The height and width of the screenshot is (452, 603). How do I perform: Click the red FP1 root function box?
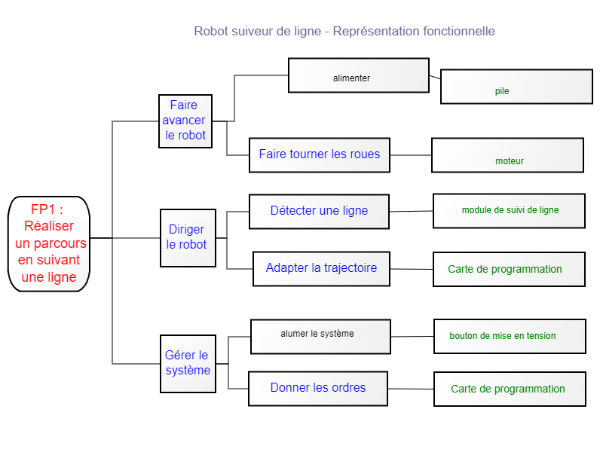[x=49, y=243]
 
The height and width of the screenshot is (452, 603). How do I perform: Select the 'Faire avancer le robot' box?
[x=185, y=121]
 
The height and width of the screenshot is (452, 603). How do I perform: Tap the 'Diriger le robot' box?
[x=188, y=237]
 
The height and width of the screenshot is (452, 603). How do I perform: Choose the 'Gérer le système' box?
[x=188, y=363]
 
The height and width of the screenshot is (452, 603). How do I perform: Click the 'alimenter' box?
[x=359, y=75]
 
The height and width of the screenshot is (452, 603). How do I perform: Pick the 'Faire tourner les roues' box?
[x=320, y=154]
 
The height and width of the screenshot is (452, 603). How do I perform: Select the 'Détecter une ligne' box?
[x=320, y=212]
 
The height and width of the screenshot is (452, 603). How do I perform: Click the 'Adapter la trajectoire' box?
[x=321, y=268]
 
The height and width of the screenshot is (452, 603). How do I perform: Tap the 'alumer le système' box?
[x=320, y=336]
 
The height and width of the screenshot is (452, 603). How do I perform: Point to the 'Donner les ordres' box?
[x=318, y=388]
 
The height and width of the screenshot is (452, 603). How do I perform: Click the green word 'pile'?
[x=502, y=91]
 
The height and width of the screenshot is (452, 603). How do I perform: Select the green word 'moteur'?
[x=510, y=161]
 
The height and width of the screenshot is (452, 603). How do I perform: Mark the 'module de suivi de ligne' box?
[x=509, y=211]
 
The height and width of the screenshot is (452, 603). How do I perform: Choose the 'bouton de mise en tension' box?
[x=510, y=336]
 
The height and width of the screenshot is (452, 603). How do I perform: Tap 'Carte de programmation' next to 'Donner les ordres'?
[x=509, y=389]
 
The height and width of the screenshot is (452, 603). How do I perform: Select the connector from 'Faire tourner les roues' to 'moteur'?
[x=411, y=155]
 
